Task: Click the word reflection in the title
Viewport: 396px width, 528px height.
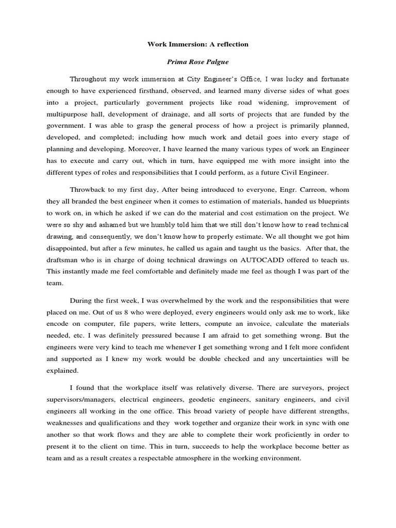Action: [233, 44]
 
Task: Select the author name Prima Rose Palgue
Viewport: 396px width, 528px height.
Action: [197, 62]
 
